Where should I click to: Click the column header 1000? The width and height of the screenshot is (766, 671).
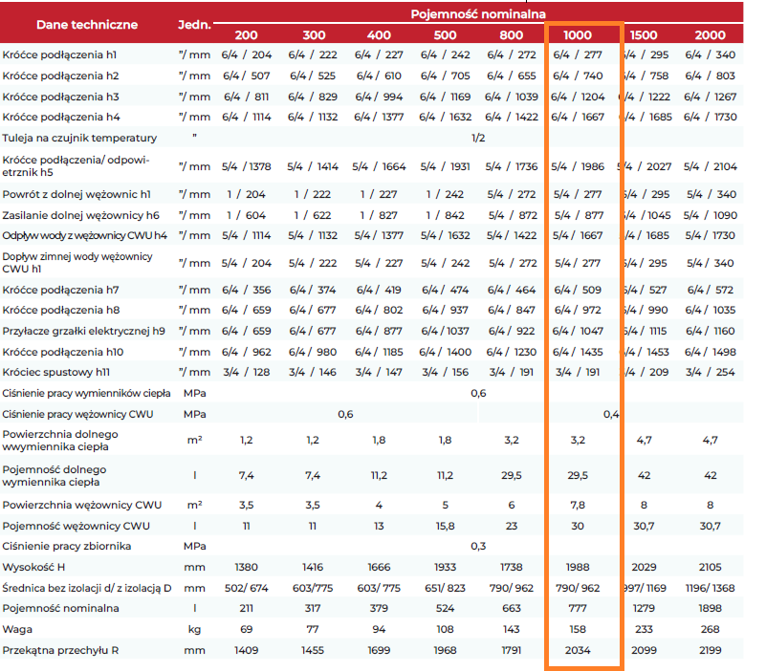[x=578, y=35]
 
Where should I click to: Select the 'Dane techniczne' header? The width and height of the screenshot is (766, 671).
[x=87, y=25]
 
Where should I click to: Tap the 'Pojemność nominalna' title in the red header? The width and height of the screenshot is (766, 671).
[x=478, y=14]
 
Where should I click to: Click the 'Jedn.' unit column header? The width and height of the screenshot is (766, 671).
[x=194, y=25]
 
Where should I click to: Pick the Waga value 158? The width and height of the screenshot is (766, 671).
[x=578, y=629]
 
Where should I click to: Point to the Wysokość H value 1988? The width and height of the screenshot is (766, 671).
[x=578, y=567]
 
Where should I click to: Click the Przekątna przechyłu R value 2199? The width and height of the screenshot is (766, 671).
[x=710, y=650]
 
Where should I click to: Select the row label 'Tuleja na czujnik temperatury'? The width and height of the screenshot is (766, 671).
[x=79, y=139]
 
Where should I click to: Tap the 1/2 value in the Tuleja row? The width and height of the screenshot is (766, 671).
[x=478, y=138]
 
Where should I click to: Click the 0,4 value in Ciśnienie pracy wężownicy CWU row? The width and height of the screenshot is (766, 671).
[x=611, y=414]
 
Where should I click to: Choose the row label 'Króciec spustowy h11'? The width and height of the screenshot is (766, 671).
[x=56, y=372]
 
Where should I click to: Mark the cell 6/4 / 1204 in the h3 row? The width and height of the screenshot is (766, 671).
[x=578, y=97]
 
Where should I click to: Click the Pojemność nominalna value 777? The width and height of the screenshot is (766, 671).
[x=578, y=608]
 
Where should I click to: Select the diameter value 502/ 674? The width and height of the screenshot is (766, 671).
[x=246, y=588]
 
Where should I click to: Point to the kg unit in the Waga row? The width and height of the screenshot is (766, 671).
[x=194, y=630]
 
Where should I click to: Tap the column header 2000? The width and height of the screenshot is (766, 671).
[x=710, y=35]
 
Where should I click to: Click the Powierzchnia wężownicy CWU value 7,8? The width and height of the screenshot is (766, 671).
[x=578, y=505]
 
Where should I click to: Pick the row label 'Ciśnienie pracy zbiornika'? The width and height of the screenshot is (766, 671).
[x=66, y=546]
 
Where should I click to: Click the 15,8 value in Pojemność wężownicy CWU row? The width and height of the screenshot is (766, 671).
[x=445, y=526]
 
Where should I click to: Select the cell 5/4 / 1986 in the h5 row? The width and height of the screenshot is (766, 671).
[x=578, y=166]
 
